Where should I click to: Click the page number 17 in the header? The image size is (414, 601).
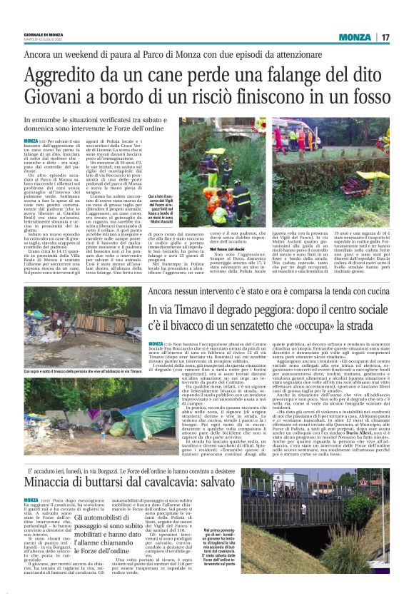pos(385,37)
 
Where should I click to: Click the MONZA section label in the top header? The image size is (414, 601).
pos(355,37)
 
